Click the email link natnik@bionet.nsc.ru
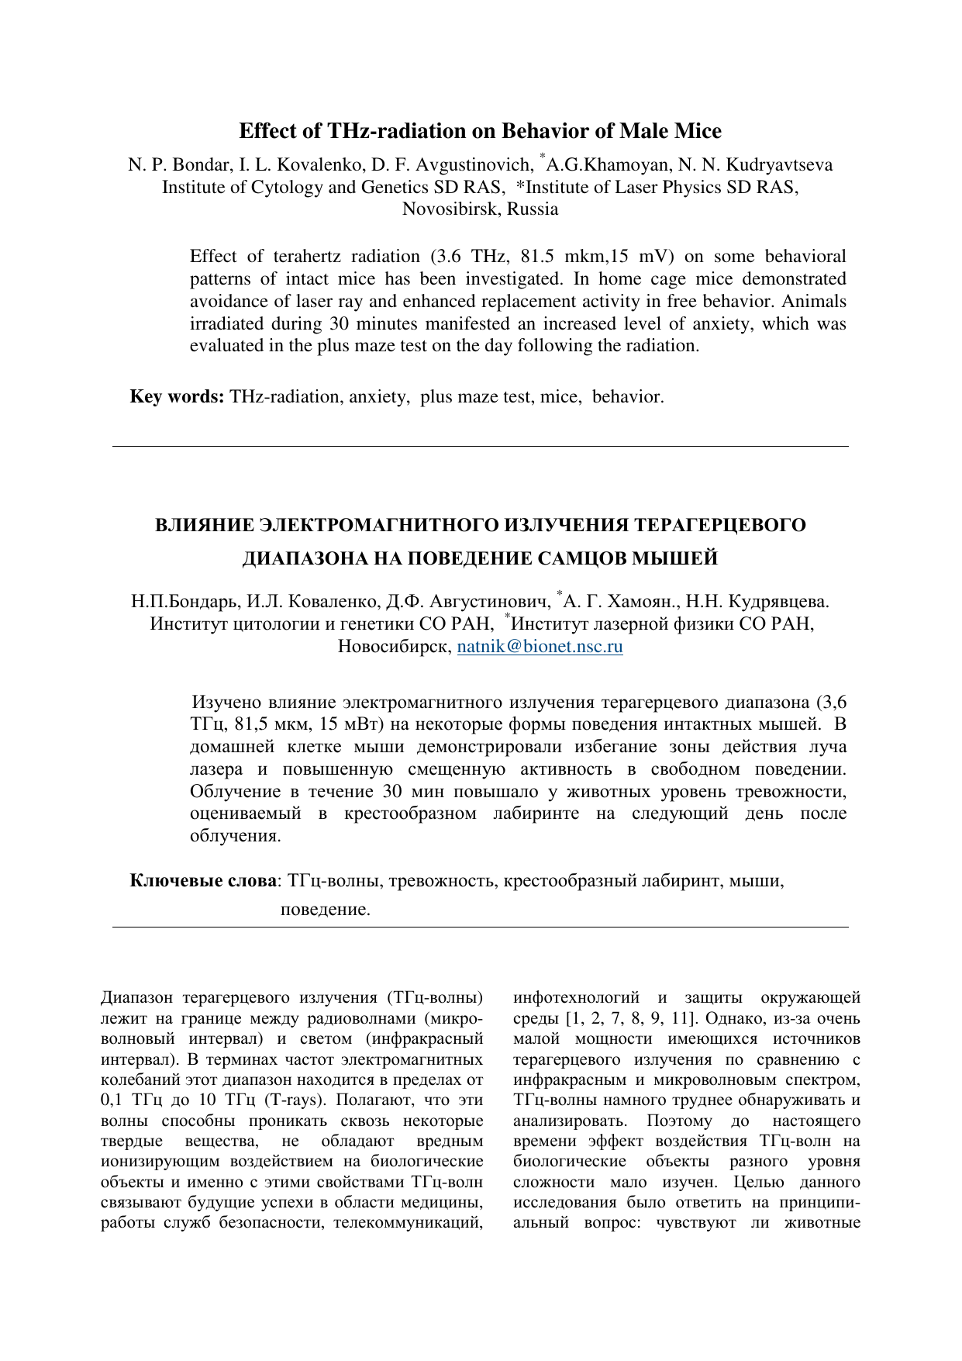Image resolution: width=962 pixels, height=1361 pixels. tap(540, 646)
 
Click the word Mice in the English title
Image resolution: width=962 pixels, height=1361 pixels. tap(695, 130)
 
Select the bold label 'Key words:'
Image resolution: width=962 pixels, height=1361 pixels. tap(177, 396)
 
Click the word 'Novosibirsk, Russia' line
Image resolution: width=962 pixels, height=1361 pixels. tap(480, 209)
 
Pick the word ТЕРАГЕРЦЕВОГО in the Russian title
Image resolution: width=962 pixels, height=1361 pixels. tap(719, 525)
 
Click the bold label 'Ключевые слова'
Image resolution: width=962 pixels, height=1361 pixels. tap(202, 880)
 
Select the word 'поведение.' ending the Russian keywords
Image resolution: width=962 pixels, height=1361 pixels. tap(325, 909)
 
